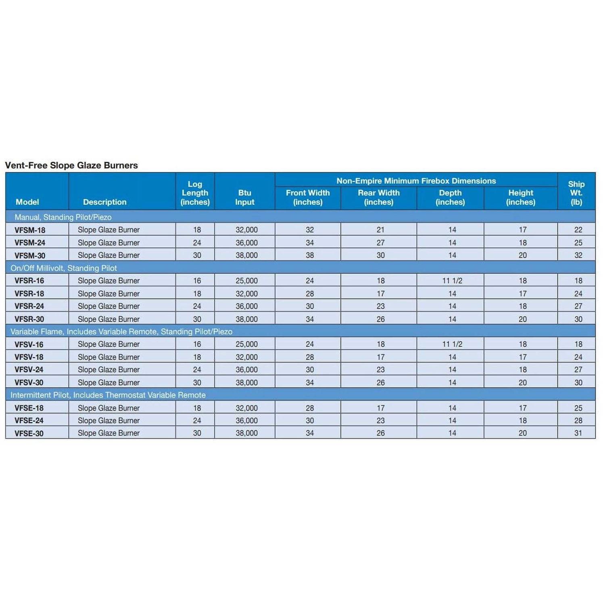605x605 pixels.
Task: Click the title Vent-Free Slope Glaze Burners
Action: coord(71,165)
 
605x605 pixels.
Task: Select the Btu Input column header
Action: coord(245,198)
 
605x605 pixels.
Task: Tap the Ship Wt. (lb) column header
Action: coord(576,193)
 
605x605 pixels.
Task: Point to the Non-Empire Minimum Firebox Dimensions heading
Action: coord(416,181)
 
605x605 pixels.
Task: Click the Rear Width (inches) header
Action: coord(378,198)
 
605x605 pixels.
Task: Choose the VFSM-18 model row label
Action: coord(30,230)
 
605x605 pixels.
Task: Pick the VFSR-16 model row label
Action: coord(29,281)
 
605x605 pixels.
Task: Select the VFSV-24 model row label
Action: coord(29,369)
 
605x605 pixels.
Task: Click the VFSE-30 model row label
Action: coord(29,434)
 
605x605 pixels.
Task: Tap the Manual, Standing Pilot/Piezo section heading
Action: coord(63,217)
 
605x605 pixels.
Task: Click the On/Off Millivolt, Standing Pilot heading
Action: coord(64,268)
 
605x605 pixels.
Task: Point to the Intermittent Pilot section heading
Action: coord(108,395)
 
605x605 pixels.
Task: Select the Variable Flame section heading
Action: coord(121,332)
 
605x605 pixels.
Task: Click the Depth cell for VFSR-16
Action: coord(452,281)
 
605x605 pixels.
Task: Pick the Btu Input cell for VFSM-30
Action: coord(246,255)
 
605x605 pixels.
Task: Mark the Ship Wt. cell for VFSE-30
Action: coord(578,433)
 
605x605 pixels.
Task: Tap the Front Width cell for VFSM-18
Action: coord(309,230)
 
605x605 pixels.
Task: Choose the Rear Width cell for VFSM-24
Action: coord(380,243)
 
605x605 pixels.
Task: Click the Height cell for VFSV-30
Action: coord(522,382)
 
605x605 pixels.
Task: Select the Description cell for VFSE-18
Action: coord(108,408)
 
